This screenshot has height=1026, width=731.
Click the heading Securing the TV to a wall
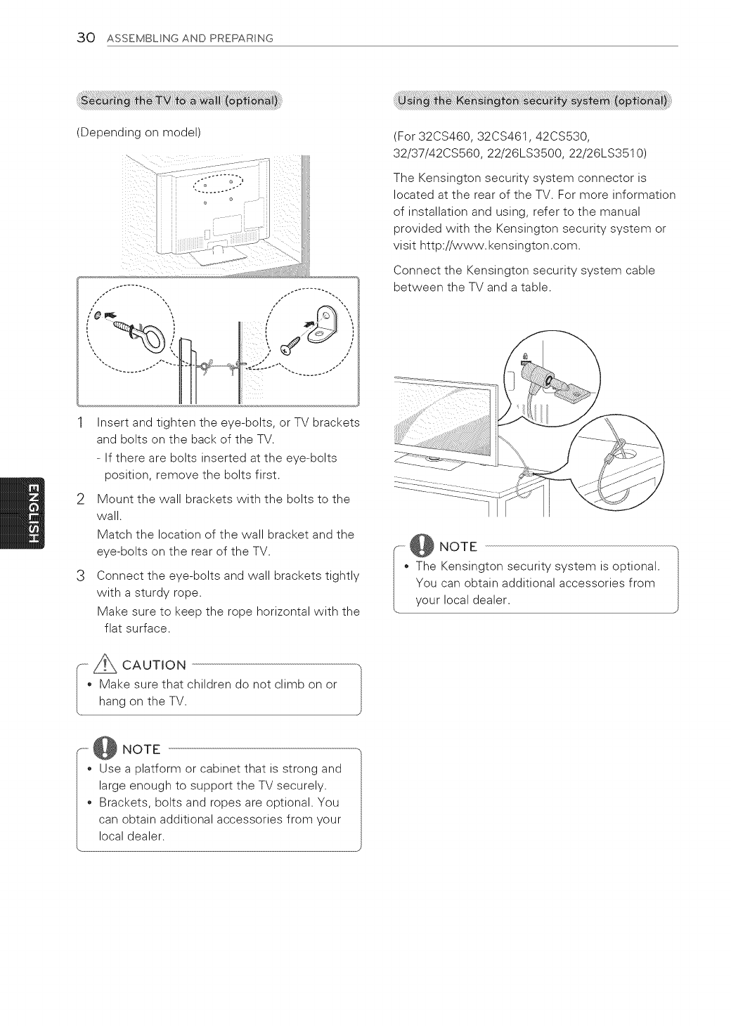(x=180, y=100)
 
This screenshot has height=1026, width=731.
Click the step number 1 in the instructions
(x=82, y=422)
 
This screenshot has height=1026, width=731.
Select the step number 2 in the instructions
(x=82, y=500)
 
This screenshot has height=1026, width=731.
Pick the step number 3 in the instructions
(x=82, y=576)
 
